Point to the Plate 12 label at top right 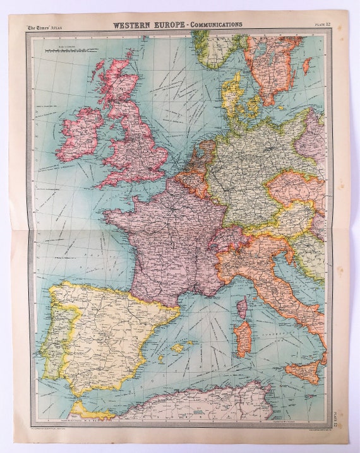click(x=322, y=25)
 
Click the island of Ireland click(x=78, y=134)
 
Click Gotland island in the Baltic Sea click(x=307, y=66)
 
